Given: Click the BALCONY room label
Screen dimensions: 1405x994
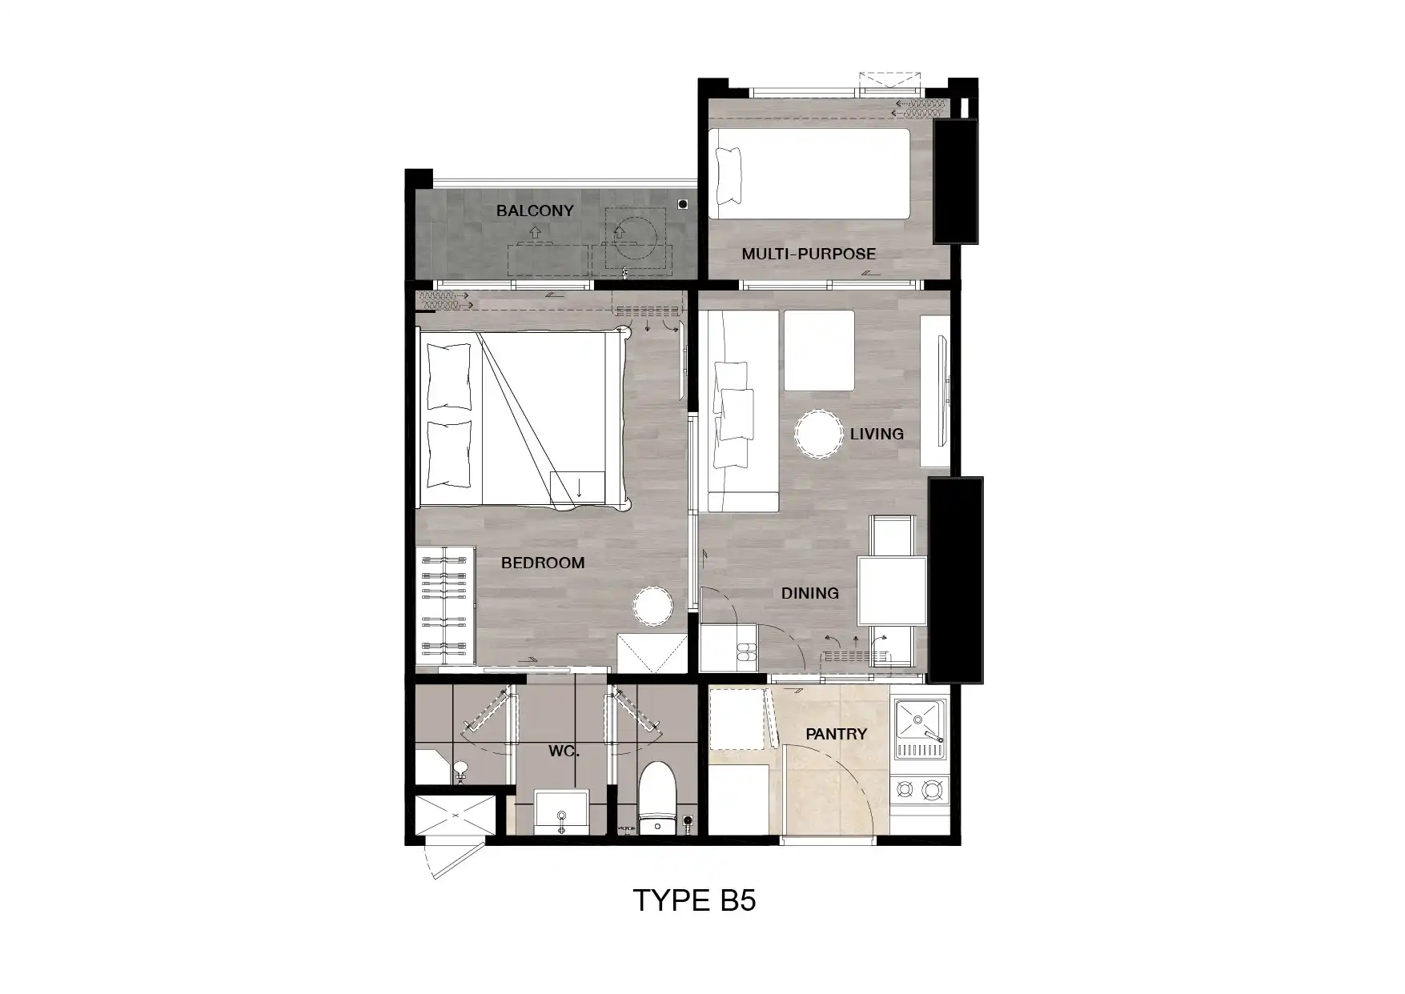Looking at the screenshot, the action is click(535, 210).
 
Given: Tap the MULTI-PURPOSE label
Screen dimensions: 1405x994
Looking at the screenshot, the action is click(809, 254).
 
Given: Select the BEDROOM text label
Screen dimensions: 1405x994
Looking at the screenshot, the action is click(543, 563).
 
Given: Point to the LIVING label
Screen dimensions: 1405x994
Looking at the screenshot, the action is click(877, 434).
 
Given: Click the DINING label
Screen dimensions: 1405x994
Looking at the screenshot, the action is click(810, 593).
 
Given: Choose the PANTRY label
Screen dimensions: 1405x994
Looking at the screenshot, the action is click(837, 734).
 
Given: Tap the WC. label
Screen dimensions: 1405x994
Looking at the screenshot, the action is click(564, 752).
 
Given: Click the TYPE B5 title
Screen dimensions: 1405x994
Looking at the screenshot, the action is click(695, 900).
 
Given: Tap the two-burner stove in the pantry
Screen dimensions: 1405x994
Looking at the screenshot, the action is click(919, 791).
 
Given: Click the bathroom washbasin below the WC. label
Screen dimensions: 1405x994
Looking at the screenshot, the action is click(562, 812).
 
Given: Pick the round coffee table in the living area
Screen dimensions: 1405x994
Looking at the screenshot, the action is click(818, 435).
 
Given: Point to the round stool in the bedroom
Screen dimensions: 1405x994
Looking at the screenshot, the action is click(652, 606).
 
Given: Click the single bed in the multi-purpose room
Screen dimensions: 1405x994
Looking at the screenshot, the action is click(810, 174).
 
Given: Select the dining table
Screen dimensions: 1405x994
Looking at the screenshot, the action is click(893, 591).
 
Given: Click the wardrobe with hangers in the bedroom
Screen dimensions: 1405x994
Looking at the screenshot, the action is click(445, 604).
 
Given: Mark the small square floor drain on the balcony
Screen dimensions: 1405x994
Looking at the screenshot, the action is click(683, 204).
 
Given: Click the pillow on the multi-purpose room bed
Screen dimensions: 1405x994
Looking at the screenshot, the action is click(729, 174).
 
